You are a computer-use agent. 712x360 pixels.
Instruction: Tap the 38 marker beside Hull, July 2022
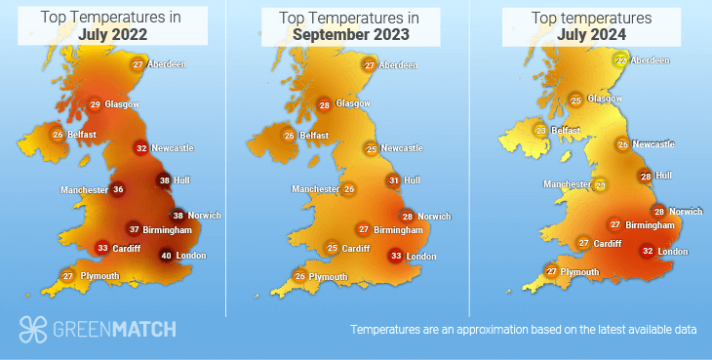point(164,180)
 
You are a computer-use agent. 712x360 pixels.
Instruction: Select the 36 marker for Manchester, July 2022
point(118,189)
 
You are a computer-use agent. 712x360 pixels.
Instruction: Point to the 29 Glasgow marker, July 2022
point(95,104)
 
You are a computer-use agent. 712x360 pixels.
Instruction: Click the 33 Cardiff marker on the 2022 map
point(102,249)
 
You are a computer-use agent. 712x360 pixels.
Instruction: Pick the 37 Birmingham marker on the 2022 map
point(134,229)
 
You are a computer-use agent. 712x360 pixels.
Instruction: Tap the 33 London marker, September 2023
point(395,257)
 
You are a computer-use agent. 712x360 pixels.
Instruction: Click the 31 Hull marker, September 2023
point(393,180)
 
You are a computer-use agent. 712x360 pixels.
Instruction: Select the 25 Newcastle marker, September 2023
point(371,148)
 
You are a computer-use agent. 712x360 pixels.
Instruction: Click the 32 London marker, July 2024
point(647,251)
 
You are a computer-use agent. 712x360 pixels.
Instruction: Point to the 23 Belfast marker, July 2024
point(540,131)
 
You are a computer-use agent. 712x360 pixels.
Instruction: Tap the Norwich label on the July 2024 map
point(686,212)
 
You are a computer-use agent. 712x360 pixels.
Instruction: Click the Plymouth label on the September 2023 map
point(328,277)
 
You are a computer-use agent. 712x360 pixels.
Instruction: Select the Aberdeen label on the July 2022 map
point(167,64)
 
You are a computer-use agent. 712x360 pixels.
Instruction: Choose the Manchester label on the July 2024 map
point(567,184)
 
